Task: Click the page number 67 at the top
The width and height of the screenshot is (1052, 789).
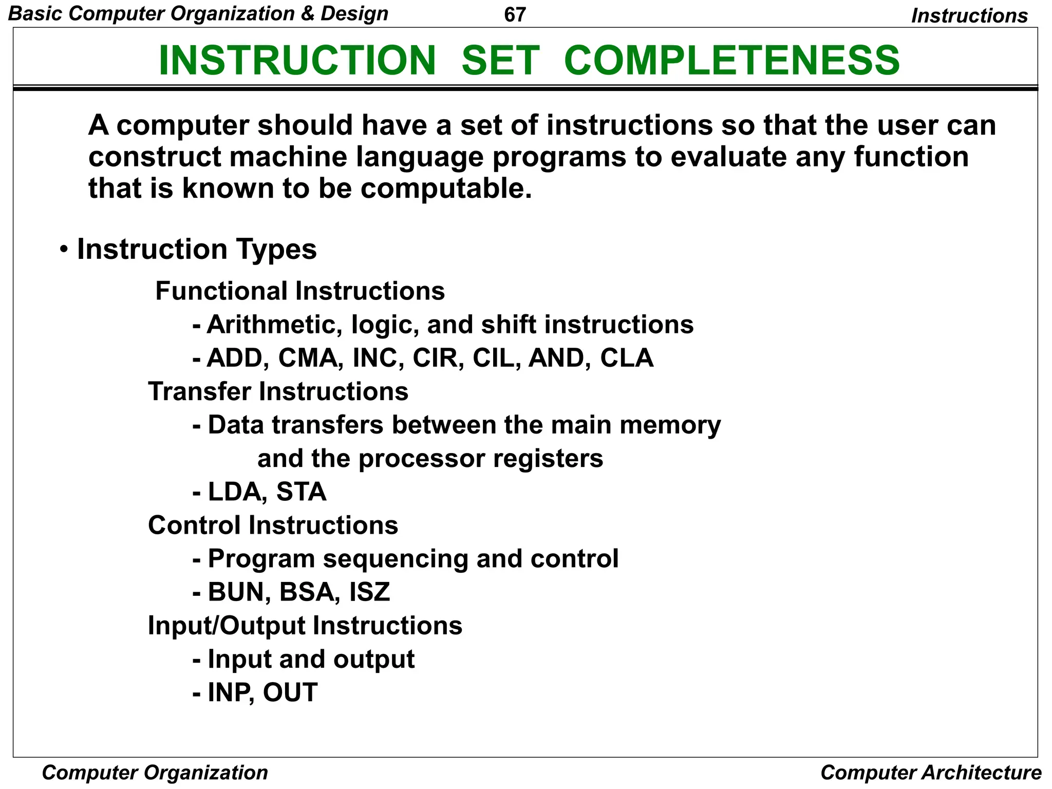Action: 515,14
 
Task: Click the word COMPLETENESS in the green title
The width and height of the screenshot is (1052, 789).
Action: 731,61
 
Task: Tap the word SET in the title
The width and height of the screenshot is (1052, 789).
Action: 500,61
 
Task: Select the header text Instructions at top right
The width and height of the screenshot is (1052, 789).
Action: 969,16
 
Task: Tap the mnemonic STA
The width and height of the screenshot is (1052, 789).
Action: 301,492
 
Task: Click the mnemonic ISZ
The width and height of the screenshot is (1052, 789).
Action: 369,592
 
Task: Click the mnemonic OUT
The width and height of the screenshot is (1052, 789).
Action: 290,692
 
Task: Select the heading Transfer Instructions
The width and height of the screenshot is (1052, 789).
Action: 278,391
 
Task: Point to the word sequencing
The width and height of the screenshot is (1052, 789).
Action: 395,559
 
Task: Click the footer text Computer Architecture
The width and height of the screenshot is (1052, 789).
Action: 930,773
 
